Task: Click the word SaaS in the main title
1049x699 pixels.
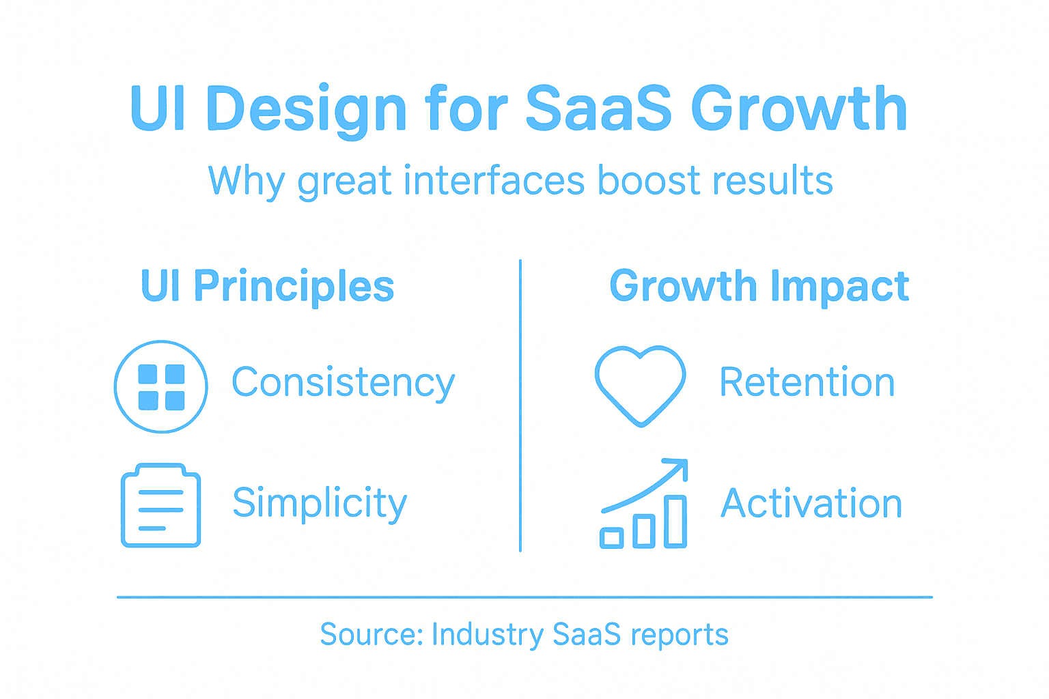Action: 599,109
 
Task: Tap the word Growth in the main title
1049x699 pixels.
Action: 798,109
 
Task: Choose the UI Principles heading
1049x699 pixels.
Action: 267,286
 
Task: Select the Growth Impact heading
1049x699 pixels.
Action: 759,286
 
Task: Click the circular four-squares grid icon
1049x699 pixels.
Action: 161,386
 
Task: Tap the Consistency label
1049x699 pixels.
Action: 343,383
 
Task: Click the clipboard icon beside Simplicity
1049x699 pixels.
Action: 161,506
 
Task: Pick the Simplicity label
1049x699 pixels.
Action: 320,504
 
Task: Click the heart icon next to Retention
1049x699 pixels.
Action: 640,385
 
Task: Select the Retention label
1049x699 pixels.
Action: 807,382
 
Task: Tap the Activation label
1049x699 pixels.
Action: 811,504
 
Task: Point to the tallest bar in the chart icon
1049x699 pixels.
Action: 675,522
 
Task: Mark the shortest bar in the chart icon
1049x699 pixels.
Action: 612,538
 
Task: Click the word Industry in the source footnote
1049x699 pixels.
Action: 488,635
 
